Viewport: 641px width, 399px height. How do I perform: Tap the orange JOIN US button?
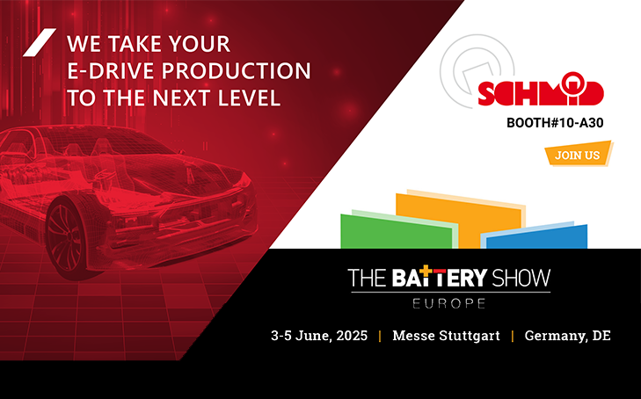(x=578, y=154)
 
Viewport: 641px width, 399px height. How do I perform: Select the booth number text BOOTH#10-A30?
(x=555, y=122)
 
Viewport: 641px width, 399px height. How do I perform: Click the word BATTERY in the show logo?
(x=440, y=277)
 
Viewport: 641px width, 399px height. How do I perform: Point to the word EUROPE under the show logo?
(x=448, y=303)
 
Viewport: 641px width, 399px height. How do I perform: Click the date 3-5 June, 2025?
(x=319, y=336)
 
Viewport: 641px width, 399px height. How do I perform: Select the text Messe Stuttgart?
(x=446, y=336)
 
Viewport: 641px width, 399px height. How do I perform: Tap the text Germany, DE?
(x=568, y=336)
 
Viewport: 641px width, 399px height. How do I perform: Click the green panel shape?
(x=397, y=231)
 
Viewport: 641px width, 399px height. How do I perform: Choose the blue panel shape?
(x=536, y=236)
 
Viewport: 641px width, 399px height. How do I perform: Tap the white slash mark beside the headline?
(x=40, y=42)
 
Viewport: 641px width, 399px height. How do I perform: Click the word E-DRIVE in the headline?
(x=111, y=71)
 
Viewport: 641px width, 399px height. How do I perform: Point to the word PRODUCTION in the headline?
(x=237, y=71)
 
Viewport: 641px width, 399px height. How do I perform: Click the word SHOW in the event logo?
(x=521, y=278)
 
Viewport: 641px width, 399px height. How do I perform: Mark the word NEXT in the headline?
(x=182, y=98)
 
